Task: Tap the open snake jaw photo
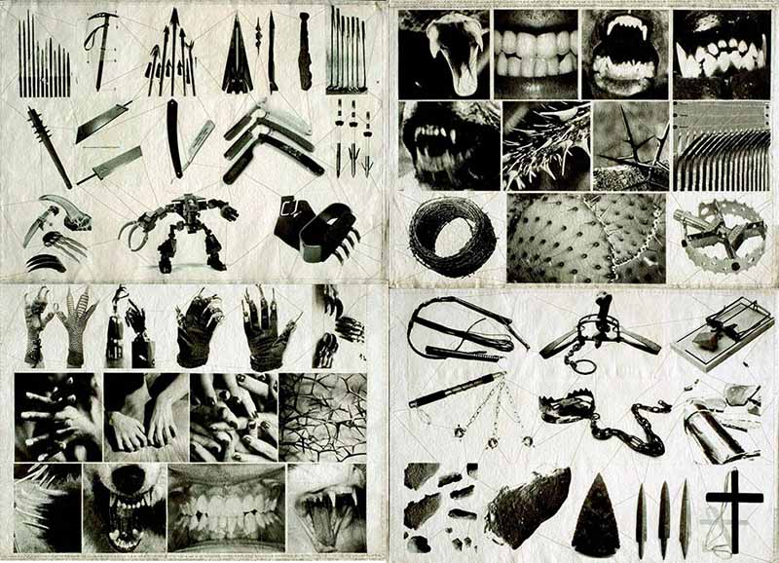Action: tap(443, 54)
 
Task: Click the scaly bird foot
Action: tap(79, 321)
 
